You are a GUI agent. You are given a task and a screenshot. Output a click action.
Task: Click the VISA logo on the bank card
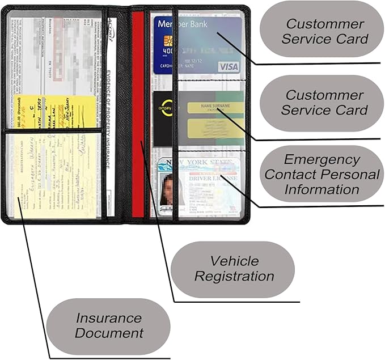229,67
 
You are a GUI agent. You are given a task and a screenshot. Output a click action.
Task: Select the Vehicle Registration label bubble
233,269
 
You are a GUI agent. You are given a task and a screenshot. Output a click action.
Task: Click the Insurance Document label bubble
109,325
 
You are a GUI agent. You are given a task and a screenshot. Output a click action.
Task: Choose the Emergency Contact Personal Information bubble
322,174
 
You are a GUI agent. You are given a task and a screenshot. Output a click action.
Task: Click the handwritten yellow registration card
54,176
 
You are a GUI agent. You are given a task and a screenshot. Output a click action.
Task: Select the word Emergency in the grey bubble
322,159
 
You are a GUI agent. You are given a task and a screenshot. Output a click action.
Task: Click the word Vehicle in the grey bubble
235,261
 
